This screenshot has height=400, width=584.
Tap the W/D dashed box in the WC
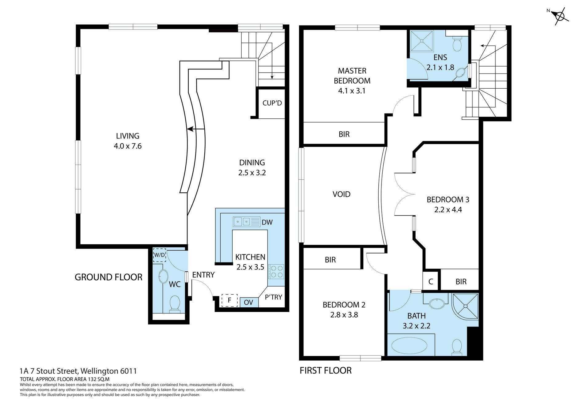click(x=160, y=255)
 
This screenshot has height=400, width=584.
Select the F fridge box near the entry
click(x=230, y=300)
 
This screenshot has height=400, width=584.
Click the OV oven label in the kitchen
click(x=248, y=302)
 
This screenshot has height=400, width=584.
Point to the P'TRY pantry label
click(x=273, y=297)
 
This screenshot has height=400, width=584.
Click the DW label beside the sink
click(x=267, y=222)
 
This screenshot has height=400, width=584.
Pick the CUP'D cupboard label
click(x=272, y=103)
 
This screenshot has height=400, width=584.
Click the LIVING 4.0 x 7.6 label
click(x=128, y=141)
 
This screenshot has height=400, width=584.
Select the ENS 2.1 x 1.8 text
click(x=440, y=62)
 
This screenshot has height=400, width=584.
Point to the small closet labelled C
click(x=431, y=282)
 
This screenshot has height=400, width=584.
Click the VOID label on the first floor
click(x=341, y=194)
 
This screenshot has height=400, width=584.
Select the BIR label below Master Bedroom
click(x=344, y=134)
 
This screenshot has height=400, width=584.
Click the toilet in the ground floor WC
click(x=175, y=303)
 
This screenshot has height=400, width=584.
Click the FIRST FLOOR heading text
click(x=326, y=370)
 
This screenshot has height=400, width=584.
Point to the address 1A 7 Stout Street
click(x=78, y=371)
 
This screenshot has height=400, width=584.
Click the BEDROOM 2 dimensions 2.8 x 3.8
click(x=344, y=315)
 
